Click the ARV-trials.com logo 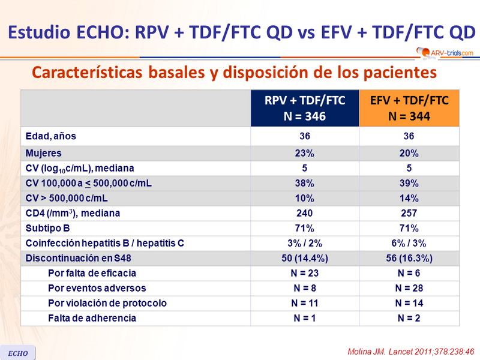click(x=444, y=53)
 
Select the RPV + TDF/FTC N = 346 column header click(x=305, y=108)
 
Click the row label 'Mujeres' click(x=43, y=153)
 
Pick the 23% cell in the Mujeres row click(x=305, y=153)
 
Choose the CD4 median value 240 click(x=305, y=213)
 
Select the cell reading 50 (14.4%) click(x=305, y=258)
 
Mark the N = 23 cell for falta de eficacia click(x=305, y=273)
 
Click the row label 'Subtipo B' click(x=48, y=228)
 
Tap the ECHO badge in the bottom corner click(x=18, y=353)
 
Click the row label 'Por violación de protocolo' click(x=107, y=303)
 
